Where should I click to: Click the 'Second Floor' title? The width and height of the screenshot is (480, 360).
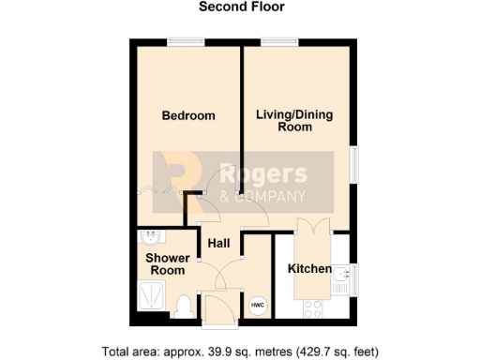pyautogui.click(x=241, y=7)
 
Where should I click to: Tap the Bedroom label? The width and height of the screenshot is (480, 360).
pyautogui.click(x=188, y=116)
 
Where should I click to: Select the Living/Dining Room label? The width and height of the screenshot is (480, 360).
pyautogui.click(x=294, y=121)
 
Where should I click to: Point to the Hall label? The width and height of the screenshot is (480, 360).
pyautogui.click(x=218, y=243)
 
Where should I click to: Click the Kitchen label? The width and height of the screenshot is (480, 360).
pyautogui.click(x=309, y=269)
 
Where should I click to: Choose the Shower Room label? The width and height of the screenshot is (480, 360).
pyautogui.click(x=167, y=264)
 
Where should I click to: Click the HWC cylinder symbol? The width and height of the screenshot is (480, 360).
pyautogui.click(x=257, y=304)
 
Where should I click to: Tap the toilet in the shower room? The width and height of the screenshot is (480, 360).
pyautogui.click(x=185, y=305)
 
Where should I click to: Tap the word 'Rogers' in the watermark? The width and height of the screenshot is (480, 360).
pyautogui.click(x=262, y=174)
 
